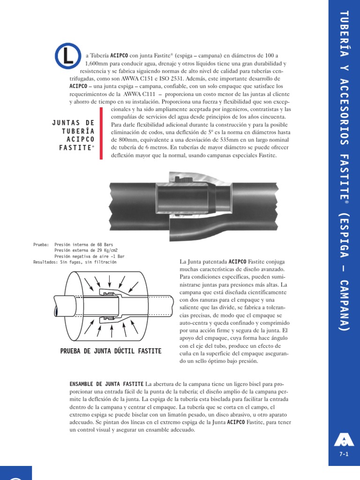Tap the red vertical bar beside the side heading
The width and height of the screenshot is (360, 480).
[x=101, y=134]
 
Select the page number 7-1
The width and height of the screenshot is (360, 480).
[x=344, y=454]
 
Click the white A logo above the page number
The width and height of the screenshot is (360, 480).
[x=344, y=440]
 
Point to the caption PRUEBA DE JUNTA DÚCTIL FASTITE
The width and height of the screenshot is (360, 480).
[x=111, y=351]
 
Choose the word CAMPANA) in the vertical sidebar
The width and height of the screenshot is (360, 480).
[x=344, y=307]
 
